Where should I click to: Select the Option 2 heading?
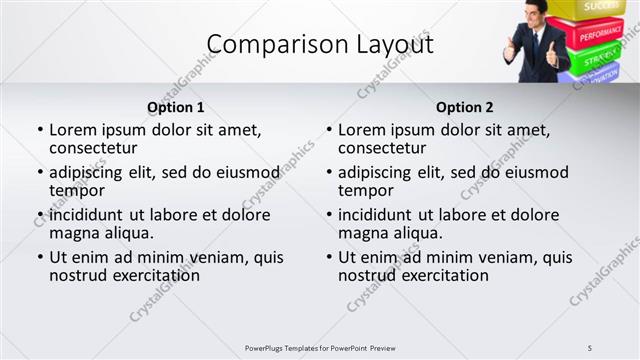(x=464, y=107)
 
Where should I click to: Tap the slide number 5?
(x=590, y=347)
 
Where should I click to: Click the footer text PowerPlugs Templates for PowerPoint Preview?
(x=320, y=347)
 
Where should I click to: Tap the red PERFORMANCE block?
(x=600, y=34)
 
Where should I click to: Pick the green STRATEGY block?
(x=600, y=58)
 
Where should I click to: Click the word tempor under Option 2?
(x=365, y=191)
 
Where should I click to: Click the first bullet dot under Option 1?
(x=40, y=130)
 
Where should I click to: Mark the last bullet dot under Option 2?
(x=329, y=257)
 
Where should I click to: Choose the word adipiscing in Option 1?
(x=91, y=172)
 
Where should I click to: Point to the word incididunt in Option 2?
(x=381, y=215)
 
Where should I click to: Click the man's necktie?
(x=537, y=45)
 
